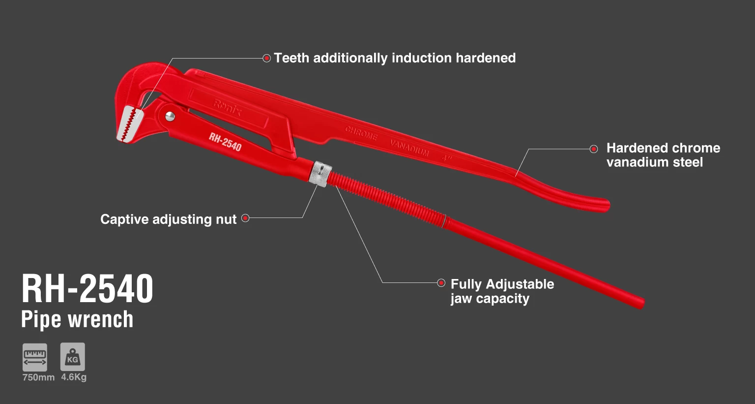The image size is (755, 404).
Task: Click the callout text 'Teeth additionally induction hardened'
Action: click(395, 58)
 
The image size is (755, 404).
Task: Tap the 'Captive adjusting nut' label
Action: click(169, 219)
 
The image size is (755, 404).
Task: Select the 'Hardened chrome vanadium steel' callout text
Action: click(663, 155)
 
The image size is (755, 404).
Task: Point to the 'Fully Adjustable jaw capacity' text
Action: click(502, 291)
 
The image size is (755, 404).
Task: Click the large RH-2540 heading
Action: click(87, 289)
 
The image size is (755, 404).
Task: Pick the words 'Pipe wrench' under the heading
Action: click(77, 319)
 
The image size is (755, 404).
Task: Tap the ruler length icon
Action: click(35, 357)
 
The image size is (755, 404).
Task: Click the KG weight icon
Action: click(73, 357)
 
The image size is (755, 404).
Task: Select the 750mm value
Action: click(38, 377)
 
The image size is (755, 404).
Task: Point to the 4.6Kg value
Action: click(74, 377)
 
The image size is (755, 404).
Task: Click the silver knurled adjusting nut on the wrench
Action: click(320, 173)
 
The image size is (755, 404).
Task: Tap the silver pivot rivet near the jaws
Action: click(170, 116)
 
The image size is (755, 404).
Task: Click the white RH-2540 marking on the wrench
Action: click(225, 142)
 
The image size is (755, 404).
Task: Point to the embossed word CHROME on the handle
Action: click(361, 133)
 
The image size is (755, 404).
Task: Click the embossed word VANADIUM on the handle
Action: click(409, 148)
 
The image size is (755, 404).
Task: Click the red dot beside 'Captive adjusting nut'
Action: click(245, 218)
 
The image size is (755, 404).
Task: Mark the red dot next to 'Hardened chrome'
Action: click(594, 149)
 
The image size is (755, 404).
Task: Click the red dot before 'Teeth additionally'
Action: click(267, 58)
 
